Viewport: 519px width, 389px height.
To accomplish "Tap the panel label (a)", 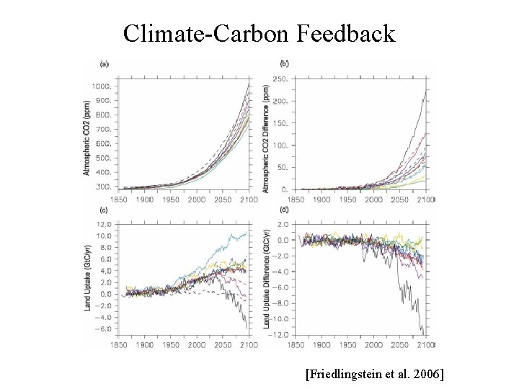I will pyautogui.click(x=105, y=63).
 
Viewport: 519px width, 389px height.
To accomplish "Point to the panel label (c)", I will pyautogui.click(x=105, y=210).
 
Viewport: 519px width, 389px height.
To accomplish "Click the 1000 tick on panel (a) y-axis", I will pyautogui.click(x=101, y=86).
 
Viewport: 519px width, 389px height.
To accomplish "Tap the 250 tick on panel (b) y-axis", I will pyautogui.click(x=280, y=79).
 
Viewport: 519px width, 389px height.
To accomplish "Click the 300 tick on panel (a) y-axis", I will pyautogui.click(x=102, y=187).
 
